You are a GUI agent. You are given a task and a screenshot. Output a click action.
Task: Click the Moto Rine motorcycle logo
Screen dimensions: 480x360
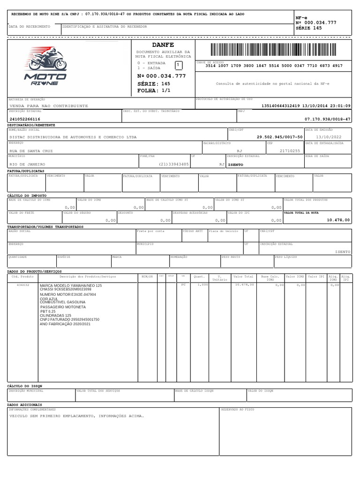[42, 66]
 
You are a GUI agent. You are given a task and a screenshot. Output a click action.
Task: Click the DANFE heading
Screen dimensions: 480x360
[163, 45]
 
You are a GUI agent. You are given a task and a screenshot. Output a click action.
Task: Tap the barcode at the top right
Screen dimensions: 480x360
[274, 50]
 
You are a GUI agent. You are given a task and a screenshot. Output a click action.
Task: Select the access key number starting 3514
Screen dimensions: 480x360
[274, 66]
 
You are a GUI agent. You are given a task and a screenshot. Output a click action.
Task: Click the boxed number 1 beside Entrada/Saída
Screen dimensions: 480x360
[179, 65]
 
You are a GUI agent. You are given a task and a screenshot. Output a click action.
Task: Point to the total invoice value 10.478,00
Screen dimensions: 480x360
[338, 219]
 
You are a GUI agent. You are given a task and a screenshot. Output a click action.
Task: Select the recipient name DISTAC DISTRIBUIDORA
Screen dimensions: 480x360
[73, 137]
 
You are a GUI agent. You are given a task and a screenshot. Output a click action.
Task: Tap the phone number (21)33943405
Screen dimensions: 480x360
[174, 165]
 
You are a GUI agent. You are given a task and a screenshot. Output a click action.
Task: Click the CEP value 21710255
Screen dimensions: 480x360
[289, 151]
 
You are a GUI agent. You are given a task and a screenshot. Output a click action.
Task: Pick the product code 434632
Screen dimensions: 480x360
[23, 285]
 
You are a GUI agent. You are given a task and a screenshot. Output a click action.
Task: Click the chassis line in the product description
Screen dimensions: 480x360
[66, 290]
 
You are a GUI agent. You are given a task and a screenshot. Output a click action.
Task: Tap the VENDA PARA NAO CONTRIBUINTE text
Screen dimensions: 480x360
[49, 106]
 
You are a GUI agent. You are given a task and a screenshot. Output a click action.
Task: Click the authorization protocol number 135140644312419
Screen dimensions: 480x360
[282, 106]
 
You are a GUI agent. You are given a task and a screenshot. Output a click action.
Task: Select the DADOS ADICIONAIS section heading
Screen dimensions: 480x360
[24, 404]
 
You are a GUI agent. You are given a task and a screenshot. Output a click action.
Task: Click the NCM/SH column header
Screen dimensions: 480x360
[147, 277]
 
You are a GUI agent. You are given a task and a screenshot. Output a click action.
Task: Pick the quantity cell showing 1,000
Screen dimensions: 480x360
[202, 285]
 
